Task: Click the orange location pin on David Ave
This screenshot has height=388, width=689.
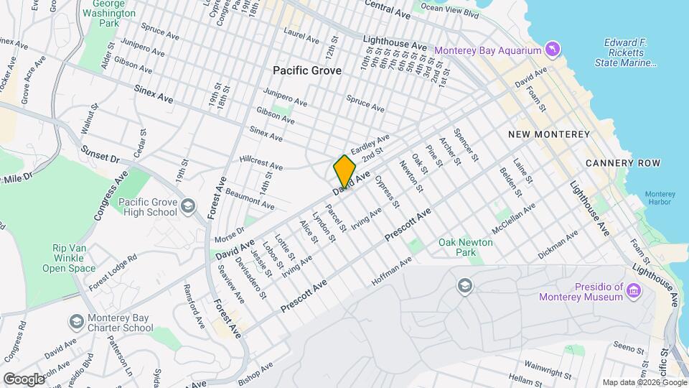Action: (344, 171)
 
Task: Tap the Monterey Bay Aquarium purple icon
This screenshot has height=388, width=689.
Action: (552, 50)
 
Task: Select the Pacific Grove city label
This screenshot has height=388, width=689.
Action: (307, 70)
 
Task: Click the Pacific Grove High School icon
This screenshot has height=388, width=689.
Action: (187, 207)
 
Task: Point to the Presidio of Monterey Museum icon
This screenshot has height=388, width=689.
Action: (633, 291)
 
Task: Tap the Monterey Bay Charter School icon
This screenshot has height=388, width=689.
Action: (75, 320)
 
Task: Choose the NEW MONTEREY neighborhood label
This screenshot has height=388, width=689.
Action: (548, 134)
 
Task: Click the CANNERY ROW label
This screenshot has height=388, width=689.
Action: (622, 163)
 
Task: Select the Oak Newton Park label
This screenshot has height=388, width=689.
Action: (466, 248)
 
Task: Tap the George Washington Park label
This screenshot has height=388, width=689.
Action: (108, 14)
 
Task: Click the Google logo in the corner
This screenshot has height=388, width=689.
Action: (24, 379)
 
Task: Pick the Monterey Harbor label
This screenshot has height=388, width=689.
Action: (660, 198)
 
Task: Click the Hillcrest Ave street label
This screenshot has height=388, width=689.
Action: (261, 162)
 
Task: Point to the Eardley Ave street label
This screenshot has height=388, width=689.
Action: (370, 143)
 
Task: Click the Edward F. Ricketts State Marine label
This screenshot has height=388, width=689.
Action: (626, 52)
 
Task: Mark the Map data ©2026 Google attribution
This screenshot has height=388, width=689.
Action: (644, 382)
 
